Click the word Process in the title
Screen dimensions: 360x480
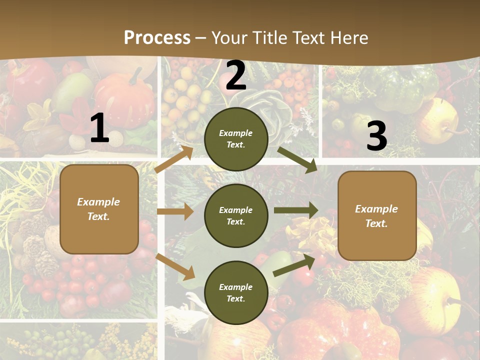point(157,38)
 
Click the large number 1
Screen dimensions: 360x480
point(99,128)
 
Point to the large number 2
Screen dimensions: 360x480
point(236,76)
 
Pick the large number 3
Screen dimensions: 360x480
point(376,136)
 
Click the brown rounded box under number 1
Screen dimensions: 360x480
point(99,209)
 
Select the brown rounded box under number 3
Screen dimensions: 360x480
point(377,216)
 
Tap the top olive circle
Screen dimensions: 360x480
point(236,139)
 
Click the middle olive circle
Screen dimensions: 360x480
point(236,215)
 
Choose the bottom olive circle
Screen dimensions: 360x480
point(236,292)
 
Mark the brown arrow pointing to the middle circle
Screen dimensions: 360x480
point(175,211)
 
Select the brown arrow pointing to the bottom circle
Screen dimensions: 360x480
point(175,266)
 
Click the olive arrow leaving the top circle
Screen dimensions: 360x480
point(297,160)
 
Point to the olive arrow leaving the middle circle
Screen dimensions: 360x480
point(296,210)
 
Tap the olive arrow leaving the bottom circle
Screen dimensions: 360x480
point(294,265)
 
